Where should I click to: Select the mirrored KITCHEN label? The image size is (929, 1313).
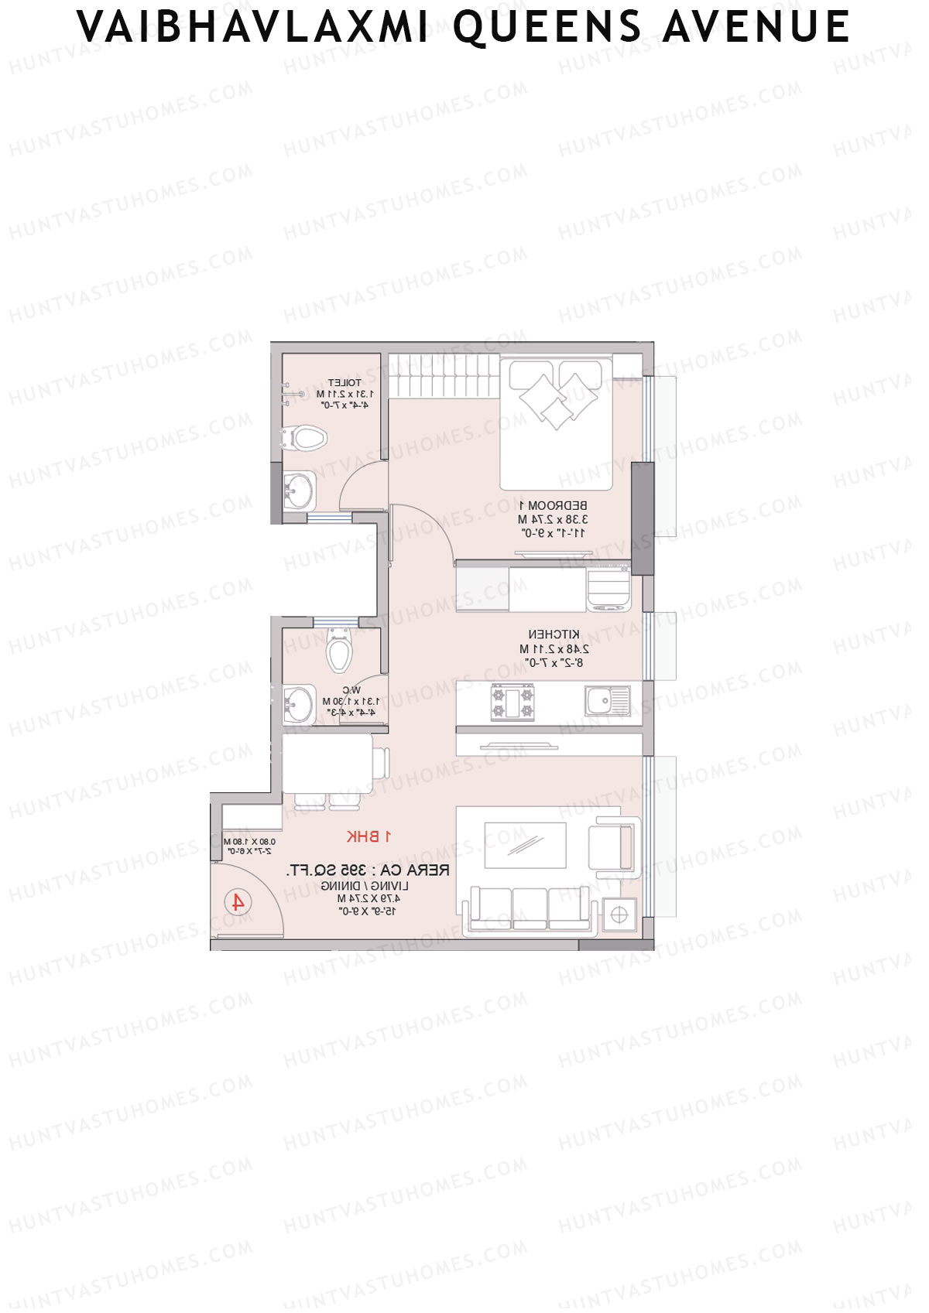(554, 634)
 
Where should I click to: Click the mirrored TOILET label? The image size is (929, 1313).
(344, 383)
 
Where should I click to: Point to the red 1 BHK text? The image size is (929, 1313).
(369, 836)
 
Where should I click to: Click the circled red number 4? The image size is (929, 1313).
(238, 902)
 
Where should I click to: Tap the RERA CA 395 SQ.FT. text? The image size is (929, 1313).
(368, 870)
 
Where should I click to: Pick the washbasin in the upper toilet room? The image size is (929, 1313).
(298, 490)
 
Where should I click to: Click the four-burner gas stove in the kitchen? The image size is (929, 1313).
(512, 702)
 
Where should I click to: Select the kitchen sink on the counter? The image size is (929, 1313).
(607, 702)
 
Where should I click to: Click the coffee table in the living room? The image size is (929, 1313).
(525, 846)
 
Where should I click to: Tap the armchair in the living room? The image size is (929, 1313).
(613, 846)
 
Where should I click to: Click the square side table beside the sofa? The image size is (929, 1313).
(619, 915)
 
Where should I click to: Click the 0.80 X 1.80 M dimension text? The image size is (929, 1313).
(249, 842)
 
